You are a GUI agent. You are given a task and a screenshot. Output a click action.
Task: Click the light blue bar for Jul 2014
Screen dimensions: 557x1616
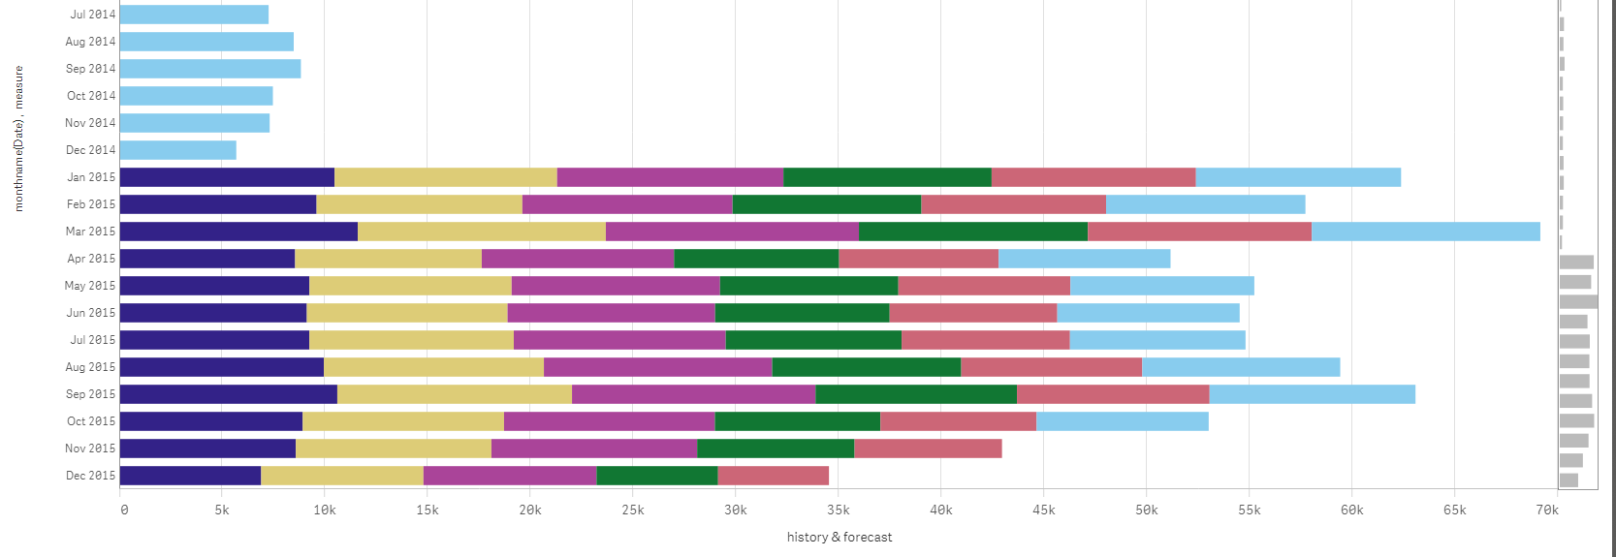click(194, 15)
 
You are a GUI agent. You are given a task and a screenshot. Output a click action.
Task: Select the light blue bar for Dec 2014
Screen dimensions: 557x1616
click(177, 150)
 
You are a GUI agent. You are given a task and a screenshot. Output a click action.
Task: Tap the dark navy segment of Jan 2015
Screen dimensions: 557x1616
click(227, 177)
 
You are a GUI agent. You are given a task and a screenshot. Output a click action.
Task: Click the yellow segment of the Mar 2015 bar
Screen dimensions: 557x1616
click(482, 232)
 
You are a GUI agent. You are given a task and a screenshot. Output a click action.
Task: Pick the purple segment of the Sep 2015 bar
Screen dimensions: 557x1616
click(694, 394)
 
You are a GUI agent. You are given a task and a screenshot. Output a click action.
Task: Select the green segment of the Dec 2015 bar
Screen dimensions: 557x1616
click(657, 476)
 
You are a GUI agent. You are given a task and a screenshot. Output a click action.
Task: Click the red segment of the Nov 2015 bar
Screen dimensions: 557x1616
click(928, 449)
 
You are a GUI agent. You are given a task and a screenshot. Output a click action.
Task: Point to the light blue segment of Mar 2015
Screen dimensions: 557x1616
click(1425, 232)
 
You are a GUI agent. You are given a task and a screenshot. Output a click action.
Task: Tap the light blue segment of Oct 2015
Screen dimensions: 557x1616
click(1122, 421)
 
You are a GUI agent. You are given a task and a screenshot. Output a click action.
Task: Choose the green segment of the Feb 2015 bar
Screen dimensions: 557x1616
click(827, 204)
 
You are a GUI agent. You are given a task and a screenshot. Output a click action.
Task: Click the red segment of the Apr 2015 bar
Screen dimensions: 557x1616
click(918, 259)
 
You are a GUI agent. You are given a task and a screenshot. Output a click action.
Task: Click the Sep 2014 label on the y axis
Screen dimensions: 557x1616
click(90, 69)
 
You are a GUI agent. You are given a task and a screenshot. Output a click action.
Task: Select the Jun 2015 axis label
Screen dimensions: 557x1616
click(90, 313)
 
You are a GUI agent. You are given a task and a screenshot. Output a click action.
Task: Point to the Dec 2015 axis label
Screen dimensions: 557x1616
click(90, 476)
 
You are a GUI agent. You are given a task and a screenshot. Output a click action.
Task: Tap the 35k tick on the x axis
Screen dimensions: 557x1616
click(838, 511)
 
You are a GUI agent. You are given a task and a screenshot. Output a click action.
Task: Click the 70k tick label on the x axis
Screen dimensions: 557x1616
click(1547, 511)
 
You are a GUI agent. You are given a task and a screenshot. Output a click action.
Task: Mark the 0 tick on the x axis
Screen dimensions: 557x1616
click(123, 511)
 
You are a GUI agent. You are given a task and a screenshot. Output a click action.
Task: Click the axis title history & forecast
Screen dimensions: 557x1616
click(840, 537)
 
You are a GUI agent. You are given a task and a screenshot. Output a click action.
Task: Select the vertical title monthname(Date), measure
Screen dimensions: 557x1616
click(18, 139)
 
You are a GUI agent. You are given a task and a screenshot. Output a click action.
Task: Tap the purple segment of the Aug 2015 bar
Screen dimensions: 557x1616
click(658, 367)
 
